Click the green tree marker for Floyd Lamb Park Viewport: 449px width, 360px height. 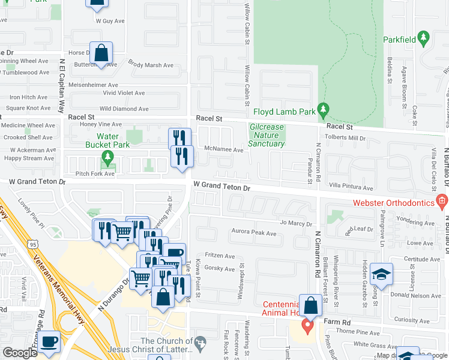pos(324,110)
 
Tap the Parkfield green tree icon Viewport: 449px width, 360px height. pos(424,38)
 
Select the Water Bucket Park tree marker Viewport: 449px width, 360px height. pos(108,158)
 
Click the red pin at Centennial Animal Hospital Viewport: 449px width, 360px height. pos(307,327)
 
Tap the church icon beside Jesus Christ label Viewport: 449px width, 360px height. pos(200,342)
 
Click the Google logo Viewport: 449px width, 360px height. pos(20,353)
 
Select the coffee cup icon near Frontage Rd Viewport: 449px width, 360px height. pos(50,341)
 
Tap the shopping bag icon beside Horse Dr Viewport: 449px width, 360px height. pos(101,52)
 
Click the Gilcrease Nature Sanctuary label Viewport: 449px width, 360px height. pos(267,136)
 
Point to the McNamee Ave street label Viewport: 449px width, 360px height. pos(223,150)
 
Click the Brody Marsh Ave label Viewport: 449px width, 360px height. pos(151,64)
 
